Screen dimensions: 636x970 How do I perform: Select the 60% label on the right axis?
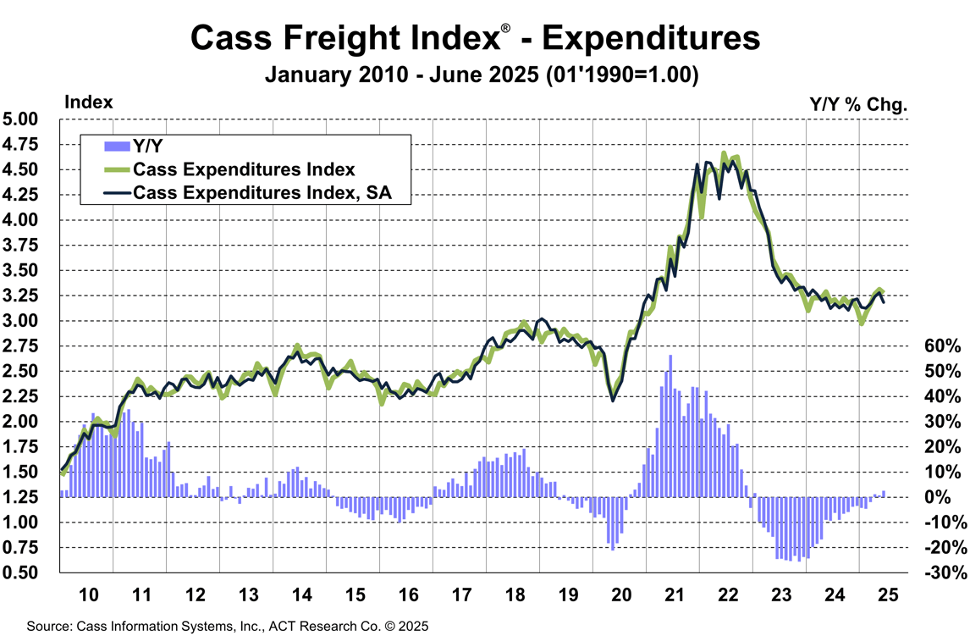tap(941, 346)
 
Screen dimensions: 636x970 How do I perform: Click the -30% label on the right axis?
tap(941, 573)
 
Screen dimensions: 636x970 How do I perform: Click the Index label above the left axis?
tap(88, 102)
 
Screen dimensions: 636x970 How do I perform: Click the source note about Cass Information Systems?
tap(228, 627)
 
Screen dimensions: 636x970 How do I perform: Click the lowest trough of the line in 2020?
tap(613, 399)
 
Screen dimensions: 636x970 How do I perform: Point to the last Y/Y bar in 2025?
tap(884, 494)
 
